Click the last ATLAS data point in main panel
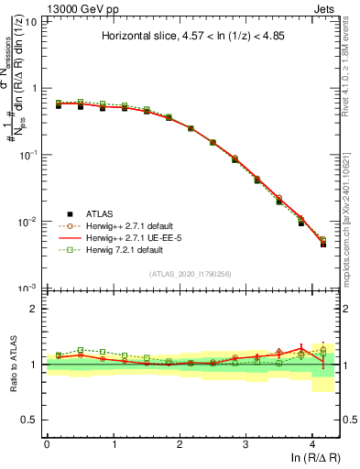[323, 244]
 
